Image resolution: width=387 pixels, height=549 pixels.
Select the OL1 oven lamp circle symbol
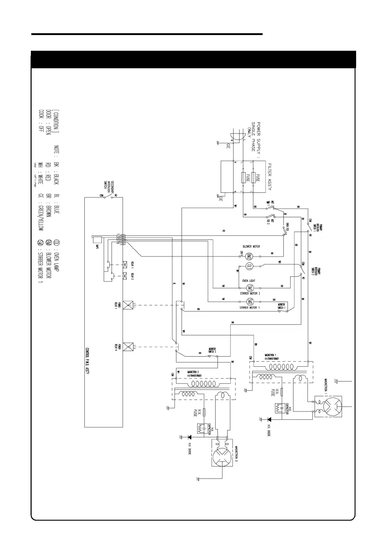tap(250, 266)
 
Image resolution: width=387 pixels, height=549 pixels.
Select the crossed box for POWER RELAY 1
tap(129, 304)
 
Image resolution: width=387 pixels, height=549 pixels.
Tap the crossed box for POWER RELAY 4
tap(129, 346)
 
